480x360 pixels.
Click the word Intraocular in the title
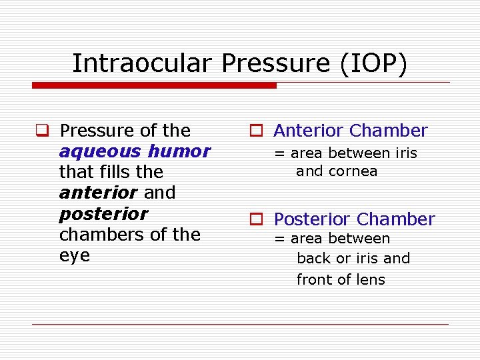click(143, 63)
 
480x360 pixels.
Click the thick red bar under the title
click(154, 85)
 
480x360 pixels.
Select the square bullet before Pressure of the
click(41, 131)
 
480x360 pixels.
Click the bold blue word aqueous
click(100, 152)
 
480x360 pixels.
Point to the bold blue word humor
click(179, 151)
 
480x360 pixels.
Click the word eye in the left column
click(74, 256)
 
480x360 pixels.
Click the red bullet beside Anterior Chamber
click(256, 131)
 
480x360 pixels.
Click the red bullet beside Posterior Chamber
click(256, 219)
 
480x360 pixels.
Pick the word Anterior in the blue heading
click(309, 131)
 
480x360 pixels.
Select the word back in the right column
click(313, 259)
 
